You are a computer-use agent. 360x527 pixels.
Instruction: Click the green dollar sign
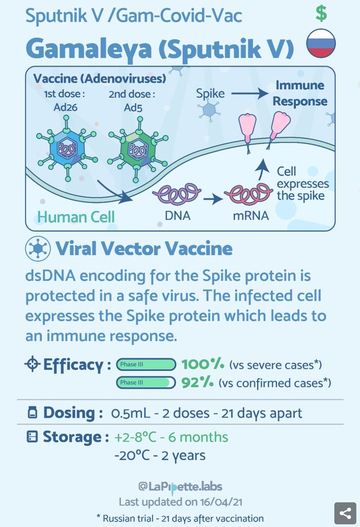coord(321,14)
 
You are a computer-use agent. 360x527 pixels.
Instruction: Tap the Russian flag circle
coord(321,43)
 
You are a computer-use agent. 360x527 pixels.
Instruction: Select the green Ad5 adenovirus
coord(137,148)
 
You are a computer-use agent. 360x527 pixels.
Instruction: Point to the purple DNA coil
coord(176,194)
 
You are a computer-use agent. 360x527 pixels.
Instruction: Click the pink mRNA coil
coord(247,194)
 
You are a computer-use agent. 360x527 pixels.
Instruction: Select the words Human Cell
coord(76,217)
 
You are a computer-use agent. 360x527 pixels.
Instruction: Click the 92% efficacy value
coord(197,383)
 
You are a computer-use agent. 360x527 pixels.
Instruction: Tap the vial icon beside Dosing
coord(32,413)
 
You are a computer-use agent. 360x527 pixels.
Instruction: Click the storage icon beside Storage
coord(32,437)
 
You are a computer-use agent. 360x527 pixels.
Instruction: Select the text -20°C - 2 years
coord(159,455)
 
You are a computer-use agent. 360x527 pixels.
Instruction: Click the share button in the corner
coord(345,513)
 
